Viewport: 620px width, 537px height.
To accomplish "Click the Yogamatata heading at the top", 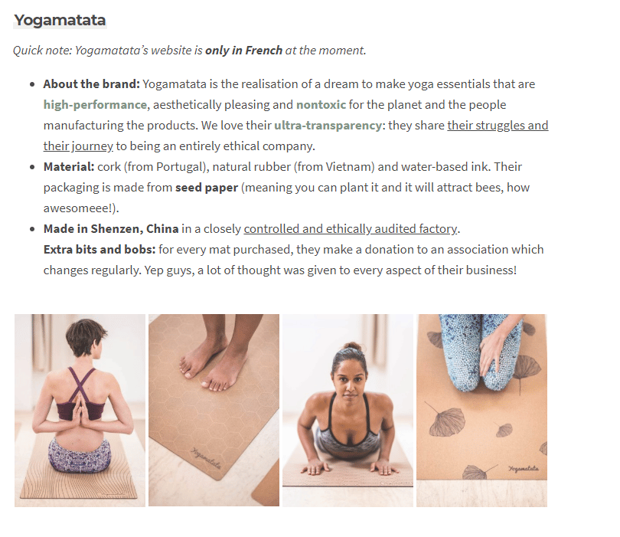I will coord(60,21).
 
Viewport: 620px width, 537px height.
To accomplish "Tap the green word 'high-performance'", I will coord(95,105).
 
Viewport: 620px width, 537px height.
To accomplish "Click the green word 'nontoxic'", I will coord(321,105).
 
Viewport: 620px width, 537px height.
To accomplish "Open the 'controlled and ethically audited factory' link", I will coord(351,229).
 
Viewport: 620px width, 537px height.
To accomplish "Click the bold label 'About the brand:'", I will coord(91,84).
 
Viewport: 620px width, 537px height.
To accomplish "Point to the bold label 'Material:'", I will coord(68,167).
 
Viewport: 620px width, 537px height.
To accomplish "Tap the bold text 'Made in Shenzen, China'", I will coord(111,229).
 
